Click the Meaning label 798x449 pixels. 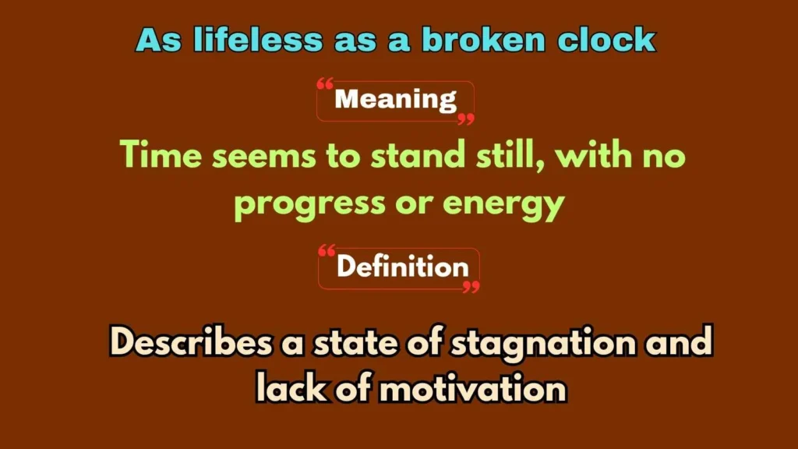click(x=396, y=100)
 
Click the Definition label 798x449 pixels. click(x=402, y=267)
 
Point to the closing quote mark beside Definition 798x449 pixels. click(x=471, y=287)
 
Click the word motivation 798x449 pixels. click(x=472, y=387)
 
